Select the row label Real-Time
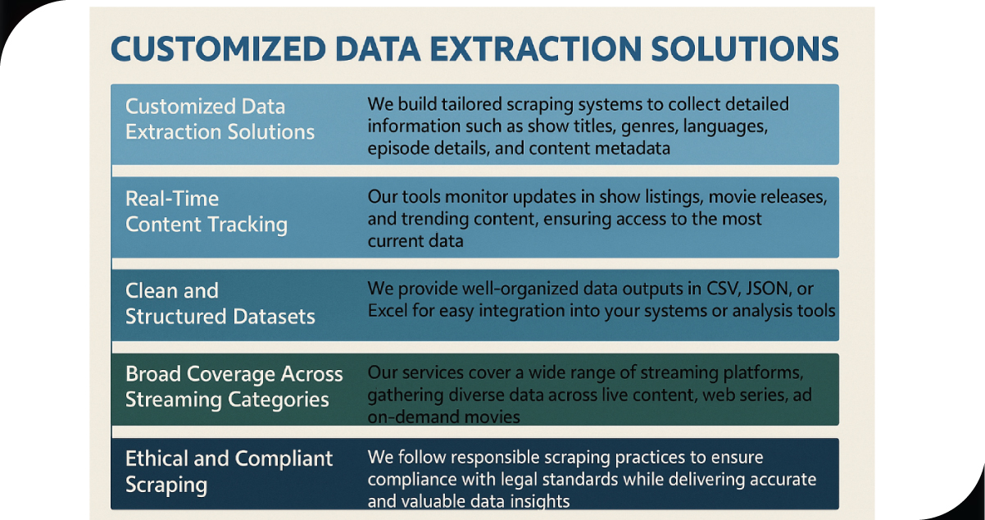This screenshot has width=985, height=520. [x=172, y=198]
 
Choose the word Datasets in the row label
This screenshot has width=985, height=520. [x=275, y=317]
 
